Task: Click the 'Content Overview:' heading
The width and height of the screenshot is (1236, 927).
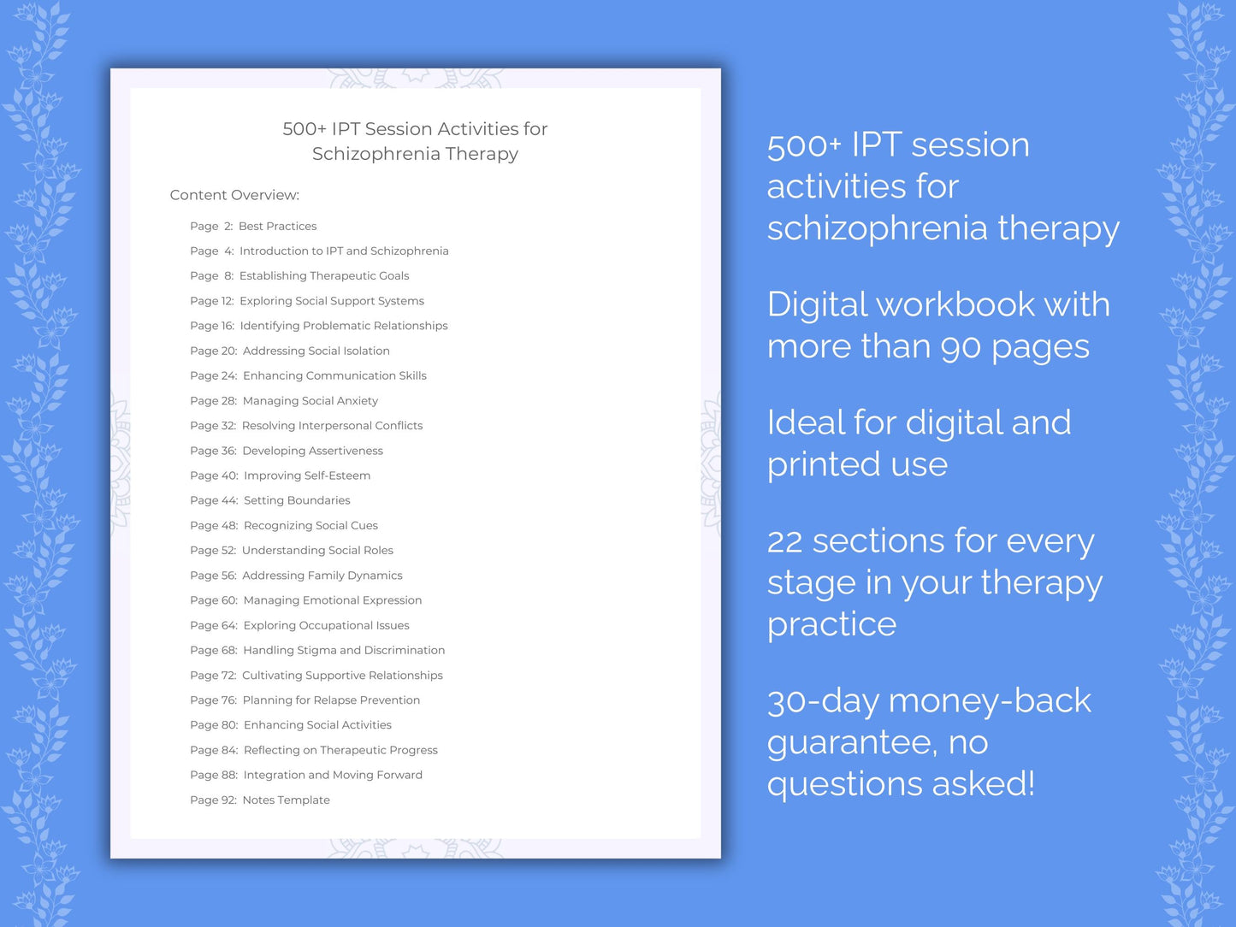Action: click(234, 195)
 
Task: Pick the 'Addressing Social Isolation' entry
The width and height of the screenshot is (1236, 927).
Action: click(316, 351)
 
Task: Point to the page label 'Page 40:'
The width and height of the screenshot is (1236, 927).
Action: click(214, 475)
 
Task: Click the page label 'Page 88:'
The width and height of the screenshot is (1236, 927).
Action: click(214, 776)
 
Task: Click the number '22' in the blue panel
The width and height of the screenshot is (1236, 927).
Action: click(784, 541)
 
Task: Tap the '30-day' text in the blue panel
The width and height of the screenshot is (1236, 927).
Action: click(822, 701)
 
